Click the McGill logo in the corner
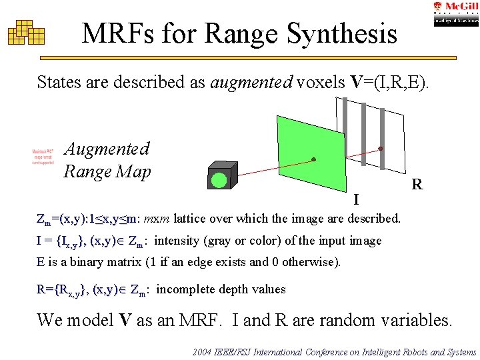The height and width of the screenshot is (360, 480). (455, 13)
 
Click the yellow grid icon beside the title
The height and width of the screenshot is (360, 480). (26, 32)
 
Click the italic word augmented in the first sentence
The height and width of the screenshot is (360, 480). (251, 83)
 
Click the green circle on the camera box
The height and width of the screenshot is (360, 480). (219, 179)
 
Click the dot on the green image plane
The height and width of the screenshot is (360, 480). (313, 159)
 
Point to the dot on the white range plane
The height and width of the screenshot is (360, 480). (381, 148)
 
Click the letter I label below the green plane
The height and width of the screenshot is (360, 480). (357, 199)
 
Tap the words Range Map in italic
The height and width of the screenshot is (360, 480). (107, 172)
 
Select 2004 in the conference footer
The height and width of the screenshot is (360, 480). (202, 351)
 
